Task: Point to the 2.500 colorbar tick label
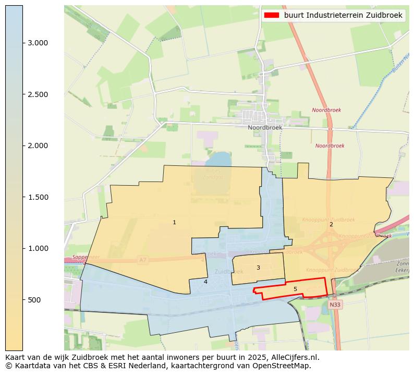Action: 38,94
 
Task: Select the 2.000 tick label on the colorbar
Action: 38,146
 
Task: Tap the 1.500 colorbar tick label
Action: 38,197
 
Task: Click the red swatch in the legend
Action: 272,16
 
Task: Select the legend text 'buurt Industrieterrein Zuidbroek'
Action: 343,16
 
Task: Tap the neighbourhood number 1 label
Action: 174,222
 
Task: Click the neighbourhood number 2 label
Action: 331,224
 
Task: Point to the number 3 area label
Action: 258,268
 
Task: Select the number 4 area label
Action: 205,282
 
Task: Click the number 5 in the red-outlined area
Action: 295,289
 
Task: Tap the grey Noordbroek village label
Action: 265,127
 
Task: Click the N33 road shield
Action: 335,304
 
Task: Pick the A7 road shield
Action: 142,259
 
